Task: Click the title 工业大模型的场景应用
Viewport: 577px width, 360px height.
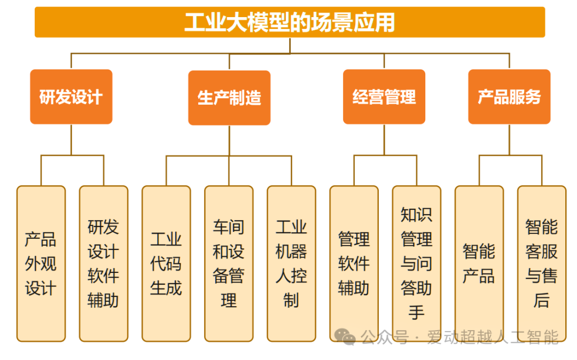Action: point(290,22)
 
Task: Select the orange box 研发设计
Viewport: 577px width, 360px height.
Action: point(71,97)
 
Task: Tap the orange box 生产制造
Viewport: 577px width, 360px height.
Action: point(229,98)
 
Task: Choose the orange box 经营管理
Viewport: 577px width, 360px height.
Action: point(384,97)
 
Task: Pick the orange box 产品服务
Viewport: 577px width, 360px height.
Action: point(509,97)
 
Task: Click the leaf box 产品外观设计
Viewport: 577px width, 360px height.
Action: point(41,263)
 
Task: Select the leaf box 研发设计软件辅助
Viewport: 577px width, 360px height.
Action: point(103,263)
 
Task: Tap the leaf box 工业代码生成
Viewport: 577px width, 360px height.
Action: point(166,263)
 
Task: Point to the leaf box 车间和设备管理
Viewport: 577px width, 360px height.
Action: point(229,263)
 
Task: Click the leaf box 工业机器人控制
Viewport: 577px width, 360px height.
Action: point(291,263)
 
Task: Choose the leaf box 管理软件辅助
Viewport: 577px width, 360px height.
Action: point(354,263)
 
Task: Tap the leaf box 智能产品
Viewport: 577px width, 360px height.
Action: point(479,263)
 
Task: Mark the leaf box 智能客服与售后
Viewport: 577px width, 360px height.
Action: point(541,263)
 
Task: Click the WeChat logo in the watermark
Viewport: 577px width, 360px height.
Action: point(345,336)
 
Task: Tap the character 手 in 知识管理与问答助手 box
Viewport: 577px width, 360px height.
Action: point(416,312)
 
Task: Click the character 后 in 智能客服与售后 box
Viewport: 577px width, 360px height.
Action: point(541,300)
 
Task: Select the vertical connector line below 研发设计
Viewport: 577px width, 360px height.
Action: point(71,139)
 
